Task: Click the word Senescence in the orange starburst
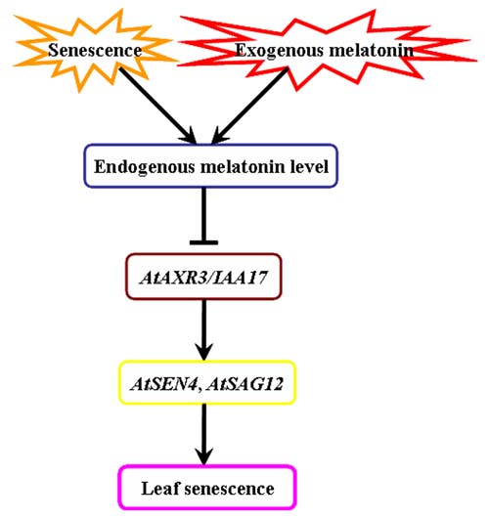pos(95,51)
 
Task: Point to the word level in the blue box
pos(309,166)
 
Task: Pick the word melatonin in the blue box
pos(243,166)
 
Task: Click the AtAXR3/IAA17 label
pos(203,278)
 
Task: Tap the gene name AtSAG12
pos(244,384)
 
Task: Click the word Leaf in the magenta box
pos(159,489)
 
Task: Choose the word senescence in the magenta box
pos(229,489)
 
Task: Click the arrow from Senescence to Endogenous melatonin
pos(158,107)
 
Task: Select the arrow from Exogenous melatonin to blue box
pos(249,107)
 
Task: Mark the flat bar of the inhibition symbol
pos(203,242)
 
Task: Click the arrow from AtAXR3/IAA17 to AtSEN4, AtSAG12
pos(204,330)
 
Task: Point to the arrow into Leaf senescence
pos(204,434)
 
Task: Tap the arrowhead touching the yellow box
pos(204,352)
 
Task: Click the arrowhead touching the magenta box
pos(204,456)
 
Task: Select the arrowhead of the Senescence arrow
pos(189,137)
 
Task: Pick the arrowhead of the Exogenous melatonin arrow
pos(220,137)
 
